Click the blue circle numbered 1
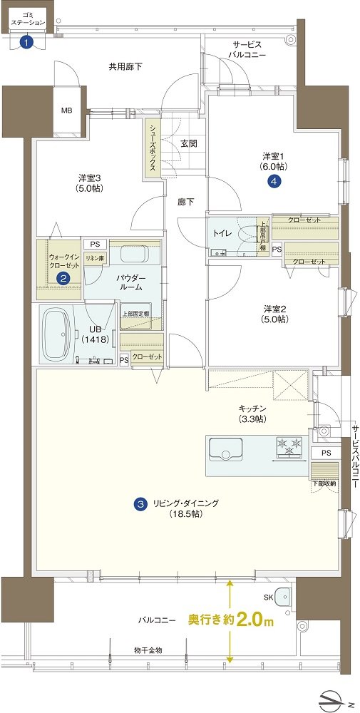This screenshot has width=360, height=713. (x=27, y=43)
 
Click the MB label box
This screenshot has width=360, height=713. (x=68, y=110)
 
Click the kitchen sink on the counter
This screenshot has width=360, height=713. (x=225, y=449)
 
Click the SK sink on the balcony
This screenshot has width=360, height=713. (x=284, y=595)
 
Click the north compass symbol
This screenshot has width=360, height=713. (x=334, y=697)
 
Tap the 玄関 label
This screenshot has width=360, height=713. (x=188, y=143)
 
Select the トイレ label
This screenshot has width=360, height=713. (x=223, y=233)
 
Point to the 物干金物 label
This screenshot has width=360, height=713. (x=148, y=650)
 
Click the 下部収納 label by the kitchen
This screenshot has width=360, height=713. (x=324, y=483)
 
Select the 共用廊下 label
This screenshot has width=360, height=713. (x=125, y=67)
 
